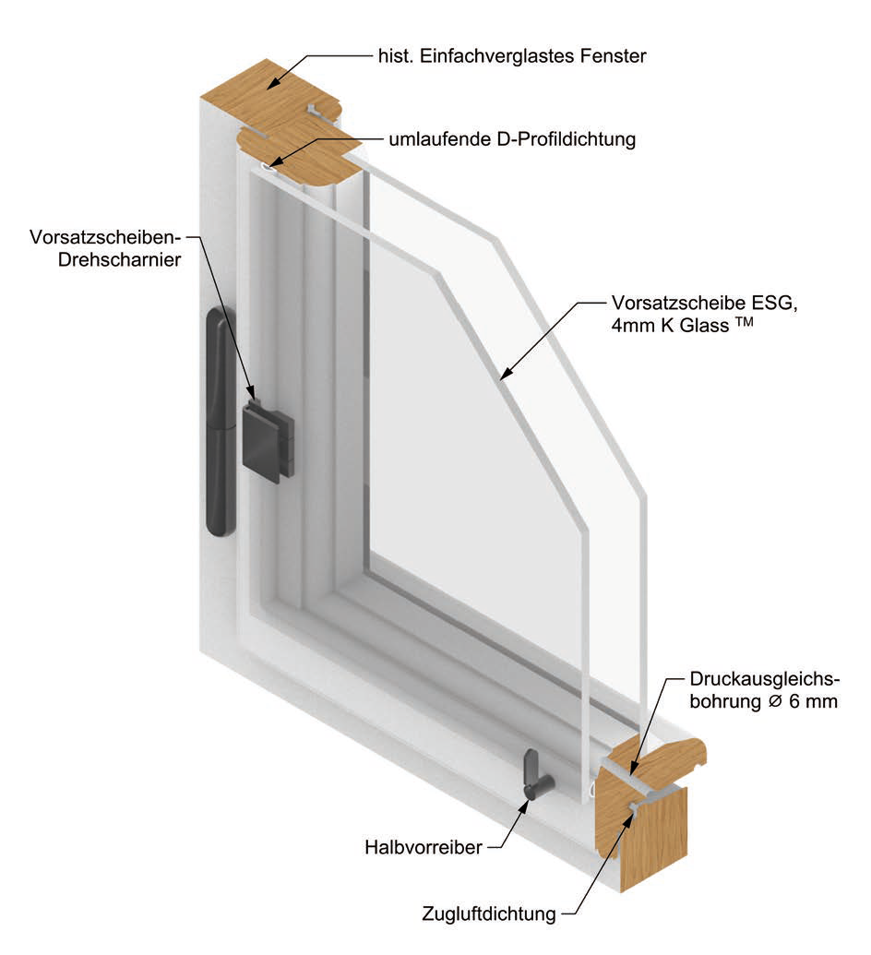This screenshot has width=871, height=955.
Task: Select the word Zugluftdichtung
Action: click(x=489, y=914)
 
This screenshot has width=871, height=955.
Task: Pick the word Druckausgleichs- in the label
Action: click(x=765, y=680)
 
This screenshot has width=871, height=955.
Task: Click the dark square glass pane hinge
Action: click(x=267, y=440)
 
